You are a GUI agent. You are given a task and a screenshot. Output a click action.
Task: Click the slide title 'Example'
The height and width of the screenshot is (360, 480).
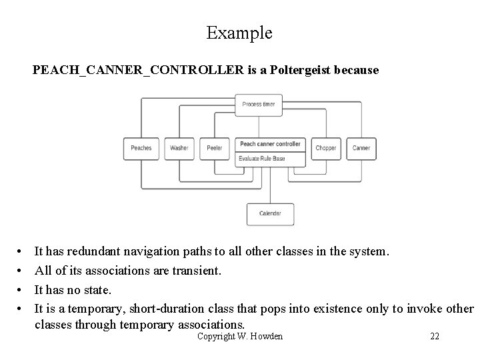pyautogui.click(x=239, y=33)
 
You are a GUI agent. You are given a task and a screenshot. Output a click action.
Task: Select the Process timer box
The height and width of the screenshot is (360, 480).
pyautogui.click(x=259, y=104)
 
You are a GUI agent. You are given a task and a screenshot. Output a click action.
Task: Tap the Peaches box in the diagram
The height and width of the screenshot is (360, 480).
pyautogui.click(x=141, y=148)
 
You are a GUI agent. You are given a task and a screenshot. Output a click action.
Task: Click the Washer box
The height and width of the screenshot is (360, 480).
pyautogui.click(x=179, y=148)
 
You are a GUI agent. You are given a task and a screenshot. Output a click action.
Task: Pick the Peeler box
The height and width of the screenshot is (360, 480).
pyautogui.click(x=214, y=148)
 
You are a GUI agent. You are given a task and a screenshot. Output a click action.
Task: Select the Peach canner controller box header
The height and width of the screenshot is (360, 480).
pyautogui.click(x=270, y=144)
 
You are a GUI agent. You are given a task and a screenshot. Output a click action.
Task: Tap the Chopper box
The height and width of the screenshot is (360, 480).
pyautogui.click(x=326, y=148)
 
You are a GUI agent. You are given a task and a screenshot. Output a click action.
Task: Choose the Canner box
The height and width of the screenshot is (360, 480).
pyautogui.click(x=361, y=148)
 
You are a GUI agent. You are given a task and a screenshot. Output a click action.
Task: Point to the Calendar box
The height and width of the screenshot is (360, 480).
pyautogui.click(x=270, y=213)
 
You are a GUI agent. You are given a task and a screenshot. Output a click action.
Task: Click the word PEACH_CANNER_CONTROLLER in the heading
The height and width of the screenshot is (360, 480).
pyautogui.click(x=138, y=69)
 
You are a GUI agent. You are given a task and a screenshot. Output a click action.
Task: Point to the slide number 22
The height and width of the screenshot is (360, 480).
pyautogui.click(x=434, y=336)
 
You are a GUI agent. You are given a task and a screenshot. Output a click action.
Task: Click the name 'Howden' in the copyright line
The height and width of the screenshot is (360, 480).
pyautogui.click(x=266, y=336)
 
